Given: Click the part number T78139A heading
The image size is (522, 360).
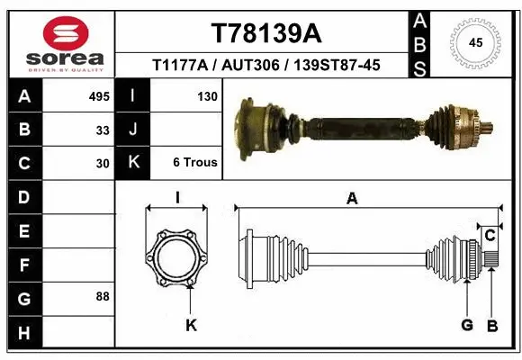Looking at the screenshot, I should point(265,33).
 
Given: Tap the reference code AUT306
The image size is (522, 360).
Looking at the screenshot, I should point(249,65).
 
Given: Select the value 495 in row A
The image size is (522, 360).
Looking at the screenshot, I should point(99,95).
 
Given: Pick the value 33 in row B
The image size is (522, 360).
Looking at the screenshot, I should point(103,130).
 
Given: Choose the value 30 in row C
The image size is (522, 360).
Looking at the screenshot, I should point(103,163).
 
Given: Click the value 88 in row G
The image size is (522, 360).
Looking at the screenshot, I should point(103,296).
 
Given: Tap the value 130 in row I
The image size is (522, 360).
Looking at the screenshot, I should point(205,95).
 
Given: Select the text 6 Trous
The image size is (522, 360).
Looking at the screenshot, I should point(195,163).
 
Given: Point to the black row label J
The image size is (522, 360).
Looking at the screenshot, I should point(133,130).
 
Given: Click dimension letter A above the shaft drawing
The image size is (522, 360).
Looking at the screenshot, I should point(352,199).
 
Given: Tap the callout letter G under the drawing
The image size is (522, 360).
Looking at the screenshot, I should point(467,324).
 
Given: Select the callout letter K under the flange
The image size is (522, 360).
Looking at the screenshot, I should point(191,325).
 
